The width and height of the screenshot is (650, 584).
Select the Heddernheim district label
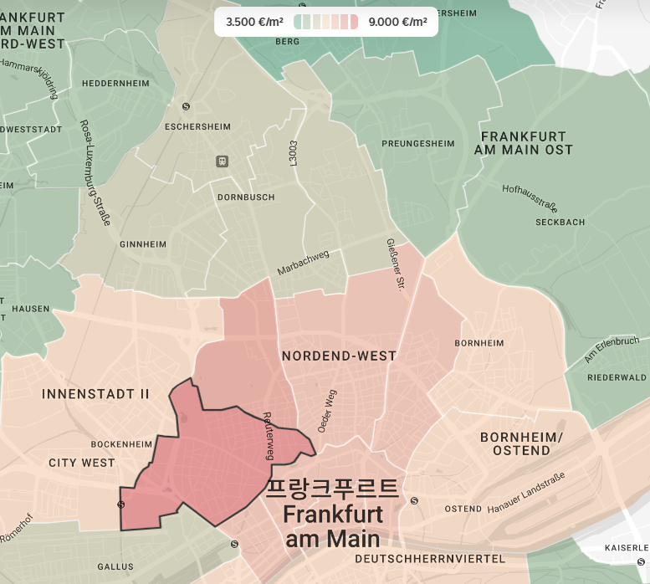tap(115, 84)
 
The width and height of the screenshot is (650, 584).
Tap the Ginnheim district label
tap(143, 244)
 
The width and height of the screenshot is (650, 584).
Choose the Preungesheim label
tap(418, 144)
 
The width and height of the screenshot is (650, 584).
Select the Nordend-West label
tap(339, 356)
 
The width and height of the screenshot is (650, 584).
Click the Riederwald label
tap(617, 378)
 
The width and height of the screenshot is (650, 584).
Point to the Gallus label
tap(115, 566)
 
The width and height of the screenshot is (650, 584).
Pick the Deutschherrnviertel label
tap(430, 558)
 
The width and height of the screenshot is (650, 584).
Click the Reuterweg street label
tap(269, 434)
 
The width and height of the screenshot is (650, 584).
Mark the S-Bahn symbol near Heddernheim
tap(186, 106)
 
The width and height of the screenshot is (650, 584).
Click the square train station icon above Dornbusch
tap(222, 161)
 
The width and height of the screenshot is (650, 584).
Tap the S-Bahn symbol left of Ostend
tap(414, 501)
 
